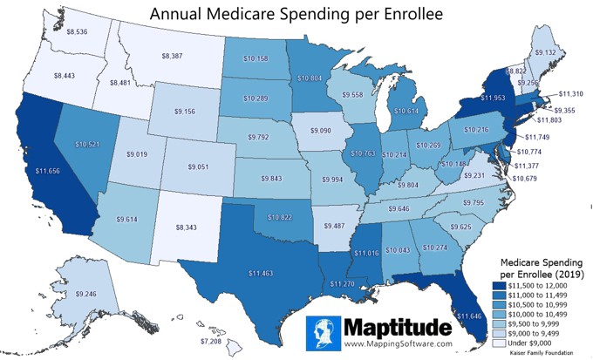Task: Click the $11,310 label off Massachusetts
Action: click(571, 93)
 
